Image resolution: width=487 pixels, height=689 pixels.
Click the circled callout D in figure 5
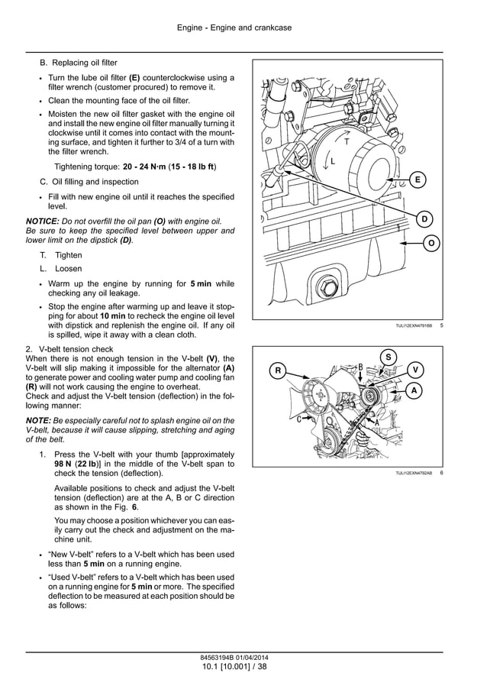(x=424, y=220)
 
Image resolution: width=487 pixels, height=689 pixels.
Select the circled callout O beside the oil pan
(x=431, y=243)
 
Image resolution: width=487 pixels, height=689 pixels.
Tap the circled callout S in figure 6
(x=388, y=357)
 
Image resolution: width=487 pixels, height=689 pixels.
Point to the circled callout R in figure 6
(x=278, y=371)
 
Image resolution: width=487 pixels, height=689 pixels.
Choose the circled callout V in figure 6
(x=415, y=370)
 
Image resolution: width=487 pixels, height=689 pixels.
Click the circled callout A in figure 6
(x=414, y=390)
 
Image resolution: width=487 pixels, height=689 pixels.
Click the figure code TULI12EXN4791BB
(x=413, y=326)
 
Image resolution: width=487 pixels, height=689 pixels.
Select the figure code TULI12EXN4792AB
(x=413, y=474)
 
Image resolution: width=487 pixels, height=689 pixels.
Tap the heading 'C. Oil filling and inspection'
(x=89, y=182)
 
